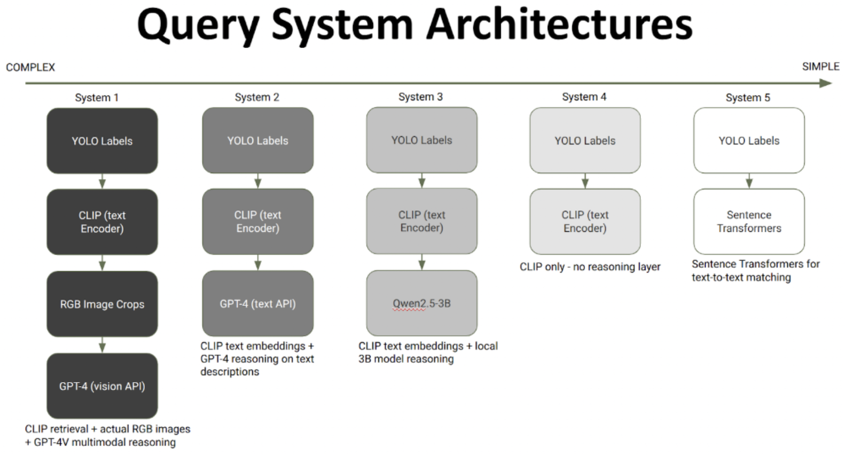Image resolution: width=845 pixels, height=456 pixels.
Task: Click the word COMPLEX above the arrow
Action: (30, 67)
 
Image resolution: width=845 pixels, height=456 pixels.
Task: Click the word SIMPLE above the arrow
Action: (820, 67)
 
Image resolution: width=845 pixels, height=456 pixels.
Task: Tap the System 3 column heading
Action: (420, 97)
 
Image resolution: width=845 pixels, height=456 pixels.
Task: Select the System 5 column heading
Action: (748, 97)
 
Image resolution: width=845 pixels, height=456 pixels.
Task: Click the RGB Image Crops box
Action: (102, 304)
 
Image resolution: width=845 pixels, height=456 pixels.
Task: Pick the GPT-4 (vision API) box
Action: (102, 386)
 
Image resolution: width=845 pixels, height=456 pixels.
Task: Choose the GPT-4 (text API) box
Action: (258, 303)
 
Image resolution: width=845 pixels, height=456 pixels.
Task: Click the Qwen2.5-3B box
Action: (421, 303)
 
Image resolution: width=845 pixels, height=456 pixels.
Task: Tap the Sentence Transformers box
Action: (749, 222)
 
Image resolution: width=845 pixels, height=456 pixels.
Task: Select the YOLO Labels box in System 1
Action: (102, 141)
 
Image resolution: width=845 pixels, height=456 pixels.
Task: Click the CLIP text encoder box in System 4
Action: (585, 222)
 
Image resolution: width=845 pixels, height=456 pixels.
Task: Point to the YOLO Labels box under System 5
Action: (749, 140)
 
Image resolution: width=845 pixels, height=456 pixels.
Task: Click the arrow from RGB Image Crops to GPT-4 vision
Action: (102, 345)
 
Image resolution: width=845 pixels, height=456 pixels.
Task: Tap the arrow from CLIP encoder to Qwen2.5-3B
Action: (421, 262)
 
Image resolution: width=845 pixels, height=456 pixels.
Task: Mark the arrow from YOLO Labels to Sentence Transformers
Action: (749, 181)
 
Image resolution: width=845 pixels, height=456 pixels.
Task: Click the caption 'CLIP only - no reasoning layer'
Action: (590, 267)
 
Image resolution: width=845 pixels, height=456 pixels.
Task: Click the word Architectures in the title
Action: (559, 25)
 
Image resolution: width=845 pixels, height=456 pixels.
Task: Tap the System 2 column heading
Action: (257, 97)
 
